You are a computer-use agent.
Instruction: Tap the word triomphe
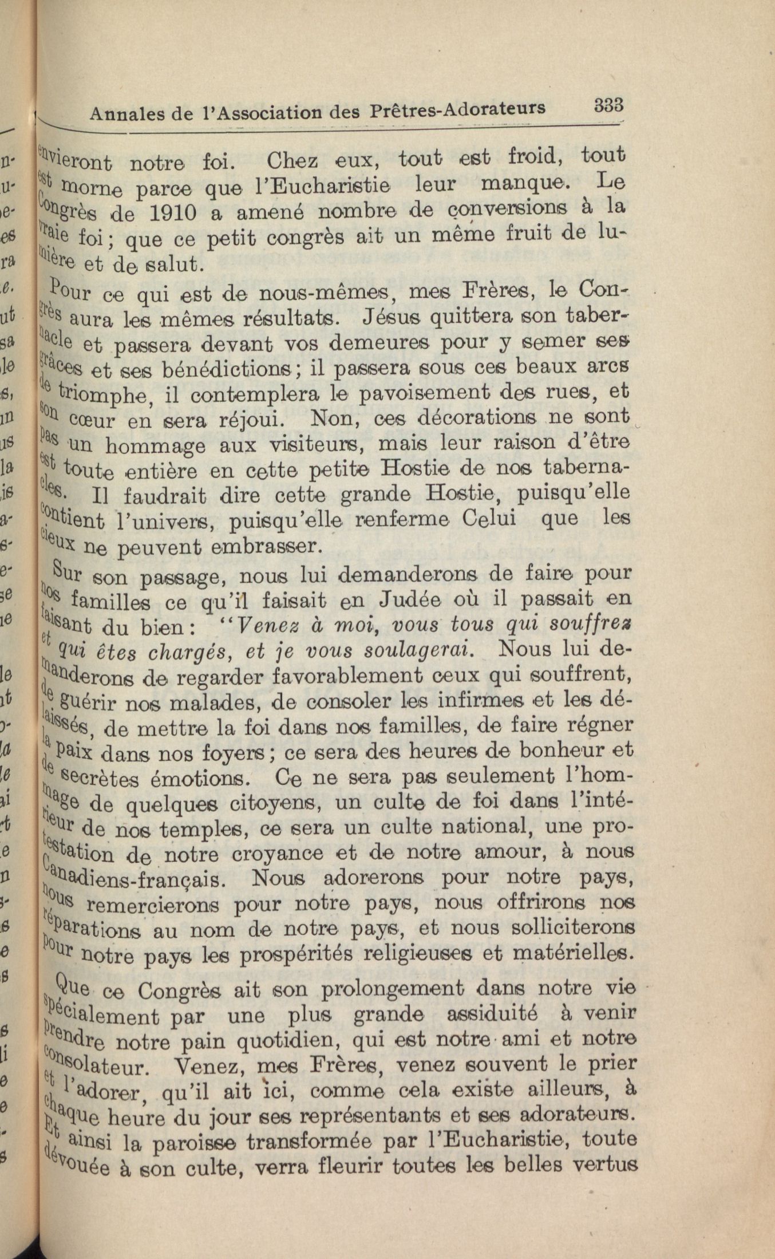(104, 393)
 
